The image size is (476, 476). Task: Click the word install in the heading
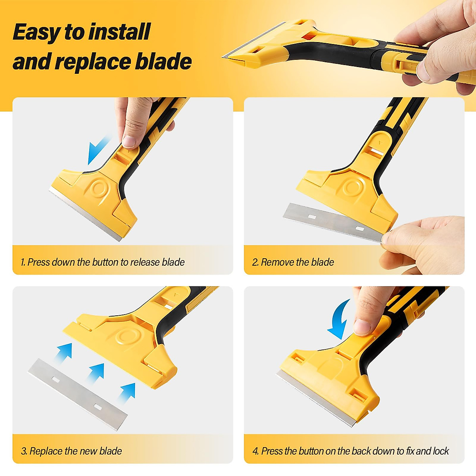[x=119, y=32]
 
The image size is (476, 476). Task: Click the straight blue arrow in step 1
[x=98, y=150]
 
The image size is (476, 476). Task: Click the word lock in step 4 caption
[x=441, y=451]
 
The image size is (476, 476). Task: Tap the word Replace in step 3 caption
[x=46, y=451]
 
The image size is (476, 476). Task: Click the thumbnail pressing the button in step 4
[x=361, y=326]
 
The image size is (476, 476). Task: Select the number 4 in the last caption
[x=255, y=451]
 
